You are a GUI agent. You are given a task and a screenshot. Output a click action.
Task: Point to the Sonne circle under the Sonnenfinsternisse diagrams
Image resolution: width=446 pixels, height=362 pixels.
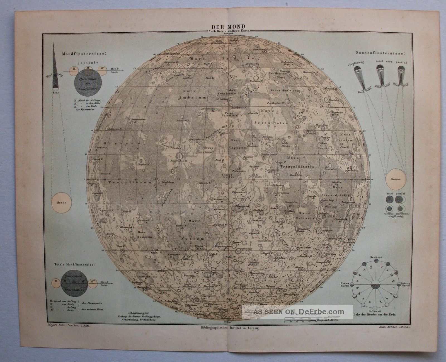click(395, 179)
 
